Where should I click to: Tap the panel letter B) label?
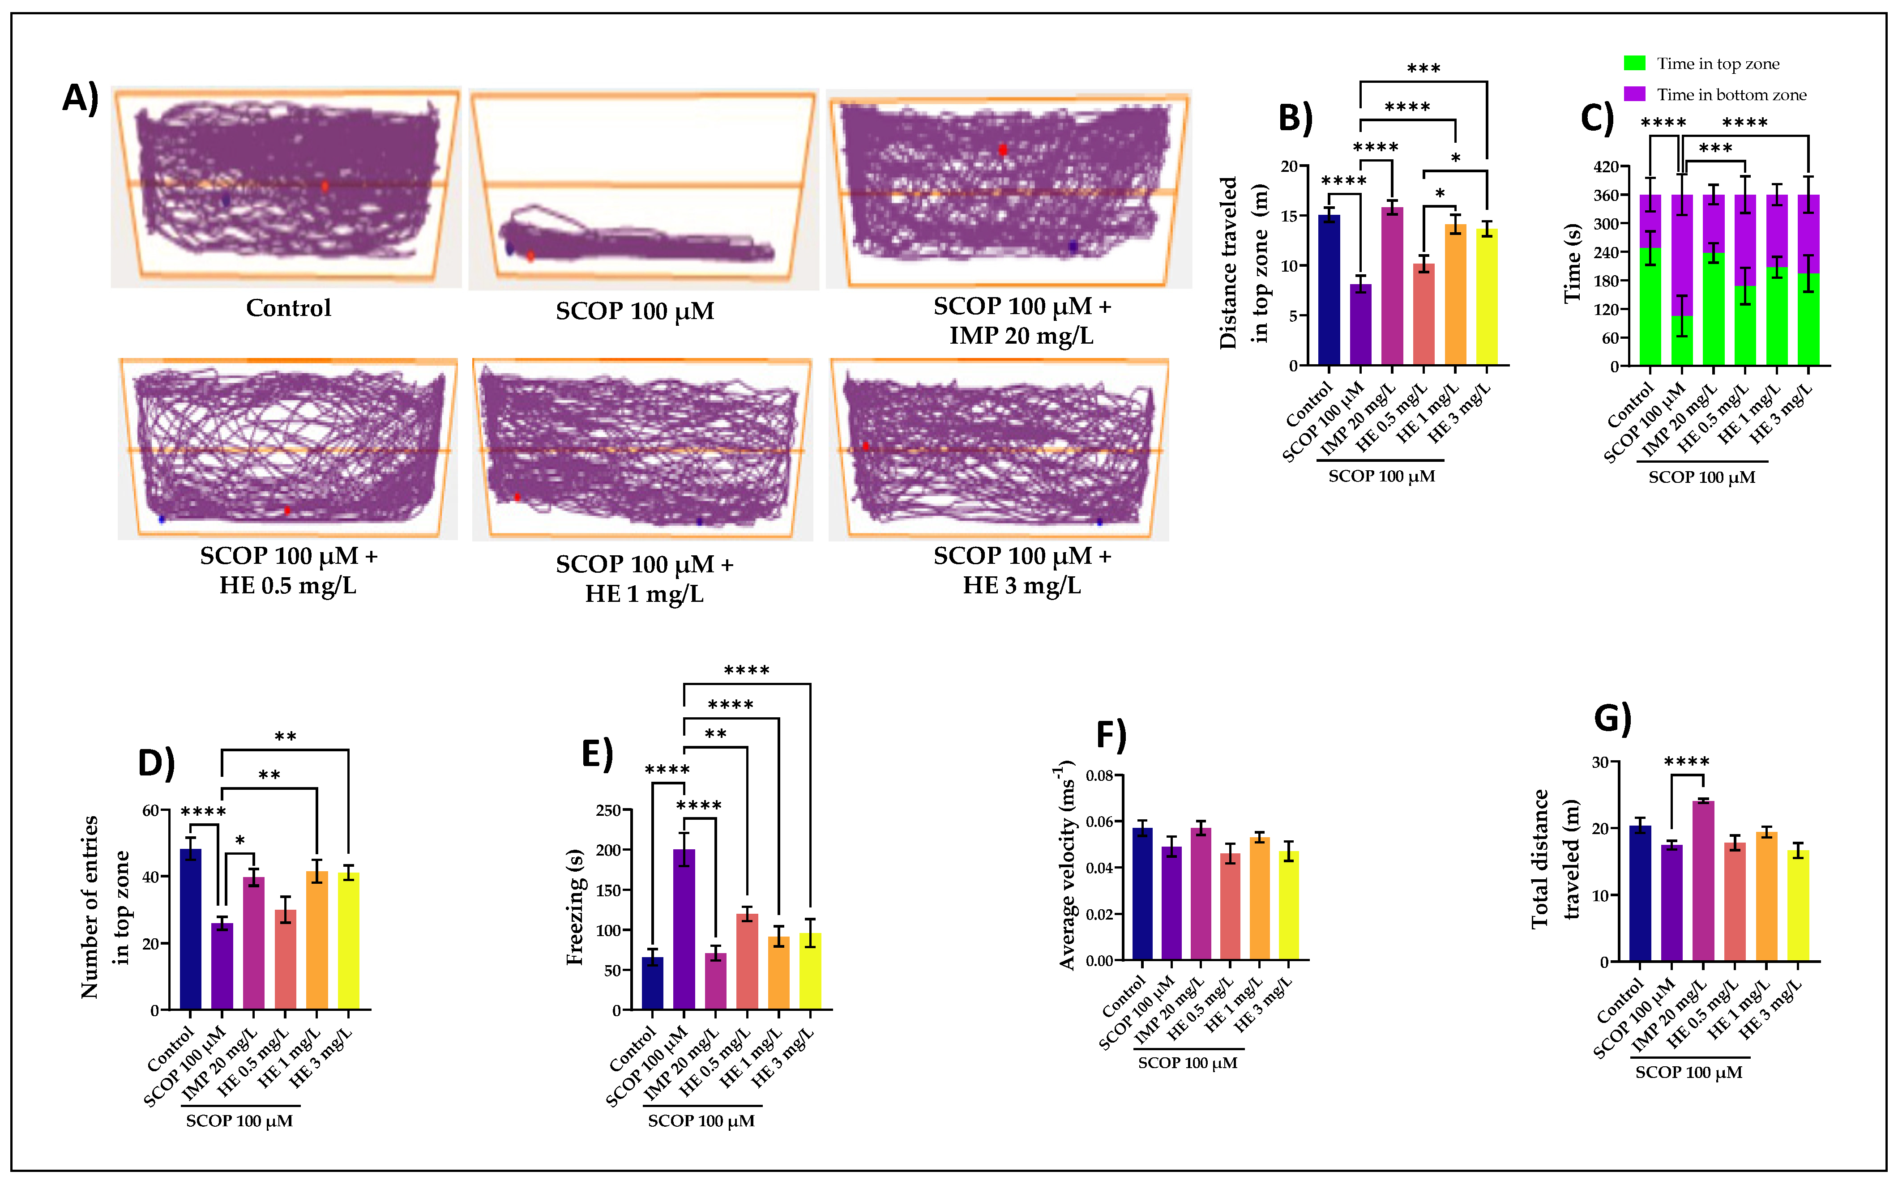(1295, 117)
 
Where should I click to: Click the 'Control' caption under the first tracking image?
(288, 308)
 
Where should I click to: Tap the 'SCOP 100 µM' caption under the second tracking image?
(634, 311)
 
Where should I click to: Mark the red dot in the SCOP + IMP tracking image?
(1003, 149)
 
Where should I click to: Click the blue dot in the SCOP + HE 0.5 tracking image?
(161, 519)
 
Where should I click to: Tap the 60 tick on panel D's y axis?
(150, 810)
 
